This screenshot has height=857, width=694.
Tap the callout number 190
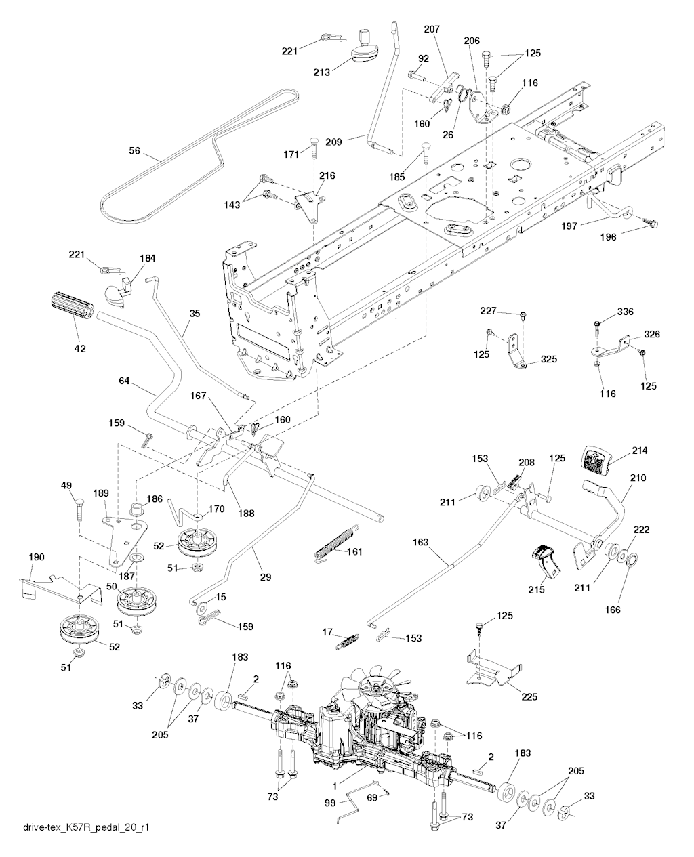(x=36, y=557)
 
